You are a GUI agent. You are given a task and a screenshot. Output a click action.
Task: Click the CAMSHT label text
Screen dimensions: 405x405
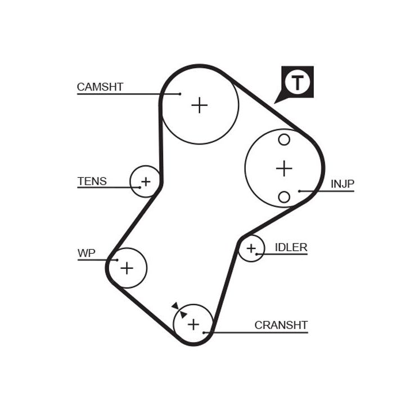100,87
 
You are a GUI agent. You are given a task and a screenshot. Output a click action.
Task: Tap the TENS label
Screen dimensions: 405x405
92,181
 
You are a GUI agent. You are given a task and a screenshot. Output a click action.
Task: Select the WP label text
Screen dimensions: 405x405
86,253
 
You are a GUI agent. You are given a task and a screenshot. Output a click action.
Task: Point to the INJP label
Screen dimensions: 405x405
343,183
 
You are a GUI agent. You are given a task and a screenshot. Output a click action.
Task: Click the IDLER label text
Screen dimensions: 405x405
291,247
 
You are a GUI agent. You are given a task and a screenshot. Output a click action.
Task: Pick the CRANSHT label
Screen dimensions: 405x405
281,325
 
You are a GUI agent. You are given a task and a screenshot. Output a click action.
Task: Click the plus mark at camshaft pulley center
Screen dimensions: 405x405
199,105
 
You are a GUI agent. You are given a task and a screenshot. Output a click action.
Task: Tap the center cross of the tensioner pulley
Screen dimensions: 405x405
146,182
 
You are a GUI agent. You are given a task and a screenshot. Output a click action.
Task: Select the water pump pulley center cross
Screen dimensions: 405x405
127,268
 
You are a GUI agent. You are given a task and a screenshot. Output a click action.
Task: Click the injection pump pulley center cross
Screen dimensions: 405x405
284,168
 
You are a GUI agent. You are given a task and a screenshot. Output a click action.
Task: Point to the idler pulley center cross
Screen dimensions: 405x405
251,248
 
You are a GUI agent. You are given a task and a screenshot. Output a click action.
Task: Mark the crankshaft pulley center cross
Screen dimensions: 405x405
193,324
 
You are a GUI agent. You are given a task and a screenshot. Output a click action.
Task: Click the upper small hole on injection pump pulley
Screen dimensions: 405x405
284,139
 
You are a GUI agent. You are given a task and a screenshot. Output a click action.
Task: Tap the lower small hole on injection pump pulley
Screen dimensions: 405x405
284,196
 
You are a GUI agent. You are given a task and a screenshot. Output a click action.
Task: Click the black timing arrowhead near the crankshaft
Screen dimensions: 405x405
176,306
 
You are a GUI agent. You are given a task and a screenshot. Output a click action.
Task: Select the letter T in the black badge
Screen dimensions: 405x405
297,83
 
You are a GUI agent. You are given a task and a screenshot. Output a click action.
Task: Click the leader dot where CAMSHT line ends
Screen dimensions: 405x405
180,94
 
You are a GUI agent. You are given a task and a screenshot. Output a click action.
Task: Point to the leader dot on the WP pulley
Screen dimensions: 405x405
116,260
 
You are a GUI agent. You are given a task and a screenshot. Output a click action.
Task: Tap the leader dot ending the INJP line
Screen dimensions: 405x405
299,191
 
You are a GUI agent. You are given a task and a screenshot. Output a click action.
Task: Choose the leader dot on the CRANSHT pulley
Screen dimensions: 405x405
211,332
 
